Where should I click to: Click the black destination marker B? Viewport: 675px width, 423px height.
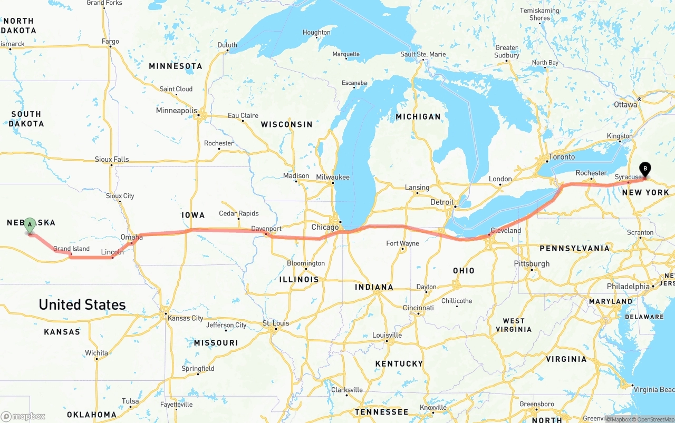(645, 169)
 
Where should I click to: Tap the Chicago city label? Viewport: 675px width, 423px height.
(325, 228)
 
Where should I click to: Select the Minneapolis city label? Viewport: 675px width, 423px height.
(176, 111)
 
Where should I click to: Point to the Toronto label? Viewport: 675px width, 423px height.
(562, 157)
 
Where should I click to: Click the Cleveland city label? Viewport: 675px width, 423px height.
(505, 231)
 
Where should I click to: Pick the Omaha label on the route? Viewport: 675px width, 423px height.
(131, 238)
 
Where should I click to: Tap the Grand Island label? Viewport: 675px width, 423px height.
(71, 249)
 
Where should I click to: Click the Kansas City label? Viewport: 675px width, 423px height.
(185, 318)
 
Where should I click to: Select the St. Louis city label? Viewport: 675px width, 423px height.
(276, 323)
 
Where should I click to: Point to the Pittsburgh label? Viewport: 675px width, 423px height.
(533, 263)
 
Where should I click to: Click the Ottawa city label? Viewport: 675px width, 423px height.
(625, 104)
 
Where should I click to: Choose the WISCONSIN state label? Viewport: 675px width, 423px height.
(286, 124)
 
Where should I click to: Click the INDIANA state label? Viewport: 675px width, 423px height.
(374, 287)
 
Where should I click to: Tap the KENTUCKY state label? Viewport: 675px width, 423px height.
(399, 363)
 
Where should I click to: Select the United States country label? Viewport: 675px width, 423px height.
(82, 304)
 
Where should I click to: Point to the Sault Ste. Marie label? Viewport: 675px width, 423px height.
(423, 54)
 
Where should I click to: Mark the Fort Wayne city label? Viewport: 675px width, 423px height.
(402, 243)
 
